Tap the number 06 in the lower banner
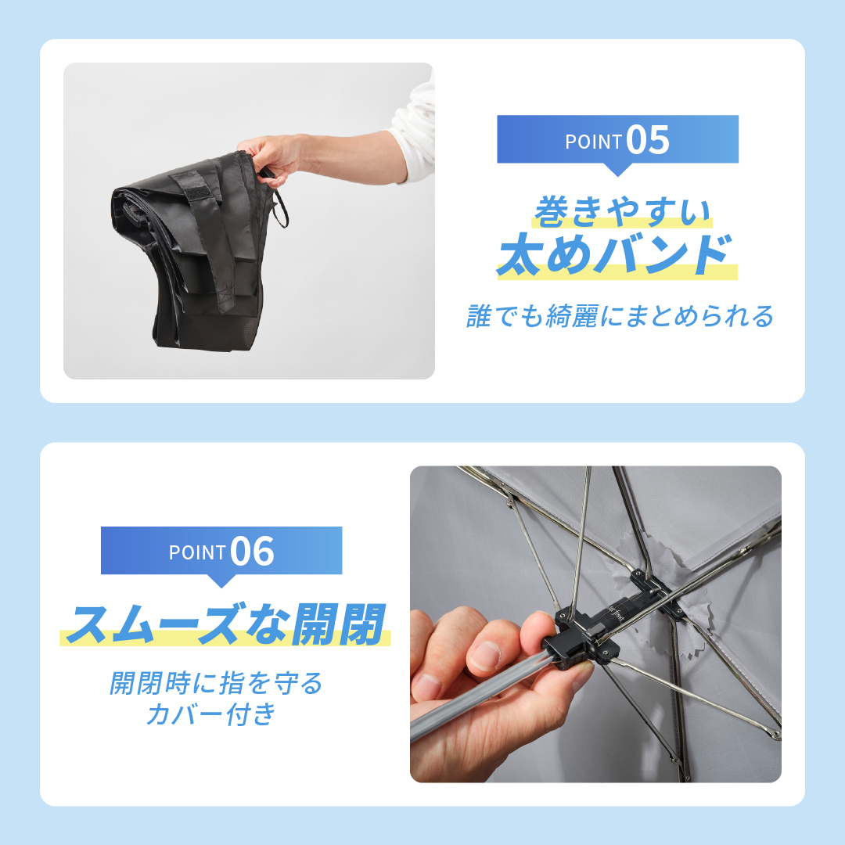coord(253,552)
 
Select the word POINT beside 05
coord(593,142)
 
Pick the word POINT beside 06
coord(197,552)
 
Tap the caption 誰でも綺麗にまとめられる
coord(620,317)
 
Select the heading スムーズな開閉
coord(225,624)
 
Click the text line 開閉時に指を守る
coord(216,683)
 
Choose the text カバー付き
coord(211,714)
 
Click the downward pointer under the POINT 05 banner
coord(618,169)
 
